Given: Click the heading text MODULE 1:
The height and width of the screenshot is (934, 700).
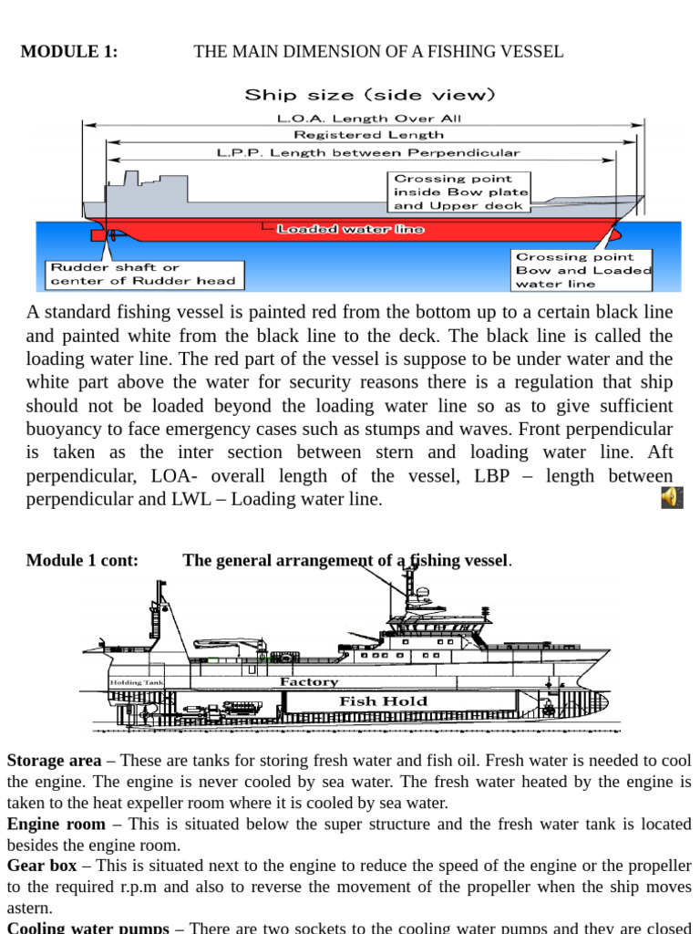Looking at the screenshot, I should point(69,52).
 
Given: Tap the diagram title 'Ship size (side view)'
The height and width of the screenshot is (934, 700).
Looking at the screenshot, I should point(370,95).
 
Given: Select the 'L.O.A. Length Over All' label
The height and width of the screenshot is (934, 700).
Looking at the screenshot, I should point(368,119).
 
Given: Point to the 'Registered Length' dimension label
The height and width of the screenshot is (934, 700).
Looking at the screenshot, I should point(368,135).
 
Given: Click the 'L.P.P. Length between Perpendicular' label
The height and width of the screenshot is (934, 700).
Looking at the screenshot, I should point(368,152).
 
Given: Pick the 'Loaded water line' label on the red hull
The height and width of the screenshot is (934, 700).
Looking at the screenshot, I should point(351,229).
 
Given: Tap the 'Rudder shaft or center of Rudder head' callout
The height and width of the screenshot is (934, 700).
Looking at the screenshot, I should point(142,274).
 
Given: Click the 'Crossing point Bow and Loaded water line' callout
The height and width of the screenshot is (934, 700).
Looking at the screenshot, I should point(583,270).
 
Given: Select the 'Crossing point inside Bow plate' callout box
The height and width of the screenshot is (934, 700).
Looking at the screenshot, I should point(460,192).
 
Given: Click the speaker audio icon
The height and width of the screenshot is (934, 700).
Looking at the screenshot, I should point(672,497).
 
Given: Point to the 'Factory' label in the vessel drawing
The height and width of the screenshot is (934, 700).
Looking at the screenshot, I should point(309,682).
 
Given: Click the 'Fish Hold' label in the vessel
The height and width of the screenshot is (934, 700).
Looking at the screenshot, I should point(370,701).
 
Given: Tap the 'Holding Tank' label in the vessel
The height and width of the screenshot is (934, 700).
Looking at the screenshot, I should point(137,682).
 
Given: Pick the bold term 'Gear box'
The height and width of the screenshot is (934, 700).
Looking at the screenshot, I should point(42,866).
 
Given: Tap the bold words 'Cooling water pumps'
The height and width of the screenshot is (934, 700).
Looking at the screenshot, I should point(87,928).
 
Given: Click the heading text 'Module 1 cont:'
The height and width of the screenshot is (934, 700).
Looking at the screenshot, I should point(82,560).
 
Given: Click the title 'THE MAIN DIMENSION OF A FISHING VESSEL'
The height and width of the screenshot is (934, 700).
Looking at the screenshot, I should point(378,52).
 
